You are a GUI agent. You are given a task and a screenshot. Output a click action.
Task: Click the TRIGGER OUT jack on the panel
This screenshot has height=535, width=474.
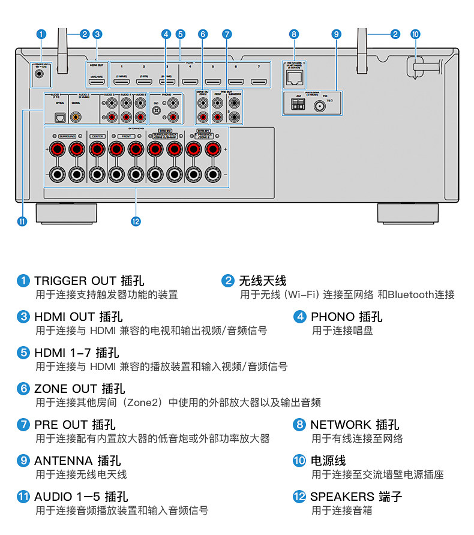pos(40,74)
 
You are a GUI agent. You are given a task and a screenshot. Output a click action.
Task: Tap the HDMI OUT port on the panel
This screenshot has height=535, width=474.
pos(97,82)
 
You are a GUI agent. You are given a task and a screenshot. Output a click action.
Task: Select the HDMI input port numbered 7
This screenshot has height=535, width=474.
pos(259,82)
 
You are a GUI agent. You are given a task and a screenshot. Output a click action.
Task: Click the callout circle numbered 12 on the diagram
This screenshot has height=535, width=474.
pos(136,221)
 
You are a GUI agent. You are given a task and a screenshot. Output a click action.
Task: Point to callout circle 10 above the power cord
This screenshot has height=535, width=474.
pos(415,34)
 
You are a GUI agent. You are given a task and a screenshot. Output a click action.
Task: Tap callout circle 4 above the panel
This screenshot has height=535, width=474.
pos(166,34)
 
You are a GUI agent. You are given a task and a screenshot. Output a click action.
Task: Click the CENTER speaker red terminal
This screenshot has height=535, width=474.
pos(97,149)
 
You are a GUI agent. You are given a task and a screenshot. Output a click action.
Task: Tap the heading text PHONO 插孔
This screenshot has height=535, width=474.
pos(346,317)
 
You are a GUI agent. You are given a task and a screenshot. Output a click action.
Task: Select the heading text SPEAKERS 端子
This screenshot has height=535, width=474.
pos(356,497)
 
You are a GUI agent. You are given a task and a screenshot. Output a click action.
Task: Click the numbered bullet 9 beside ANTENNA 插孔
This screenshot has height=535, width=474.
pos(23,461)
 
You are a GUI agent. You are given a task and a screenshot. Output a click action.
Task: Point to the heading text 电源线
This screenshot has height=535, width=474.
pos(328,461)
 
